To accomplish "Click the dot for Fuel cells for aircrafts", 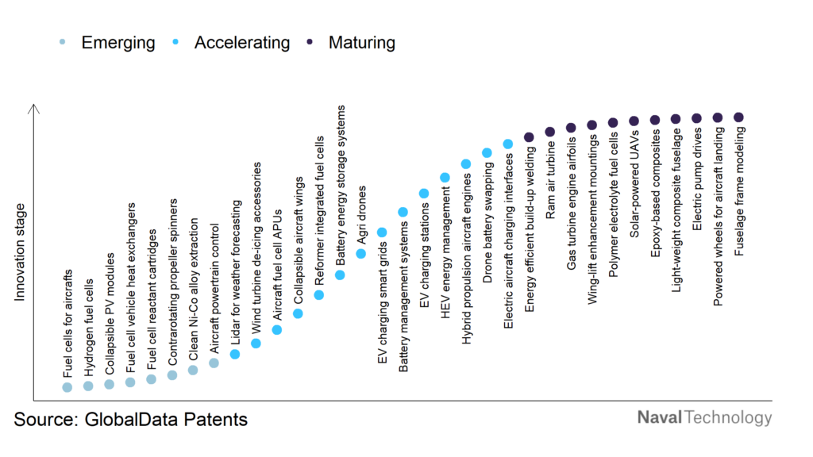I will tap(67, 387).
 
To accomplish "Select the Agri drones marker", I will tap(361, 254).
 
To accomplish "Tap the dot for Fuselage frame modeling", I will tap(738, 117).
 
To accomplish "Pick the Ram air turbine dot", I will tap(549, 132).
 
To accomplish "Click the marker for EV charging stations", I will tap(424, 194).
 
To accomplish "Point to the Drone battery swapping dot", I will tap(487, 152).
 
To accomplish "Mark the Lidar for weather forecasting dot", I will tap(235, 354).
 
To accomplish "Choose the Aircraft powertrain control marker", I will tap(214, 363).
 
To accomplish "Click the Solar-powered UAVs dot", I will tap(634, 121).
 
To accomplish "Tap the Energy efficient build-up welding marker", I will tap(529, 136).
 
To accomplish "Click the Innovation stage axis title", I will tap(21, 252).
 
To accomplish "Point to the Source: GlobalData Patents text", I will tap(130, 419).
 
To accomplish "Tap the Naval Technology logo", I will tap(704, 417).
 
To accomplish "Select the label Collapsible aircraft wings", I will tap(299, 240).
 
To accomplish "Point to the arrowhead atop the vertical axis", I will tap(34, 109).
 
